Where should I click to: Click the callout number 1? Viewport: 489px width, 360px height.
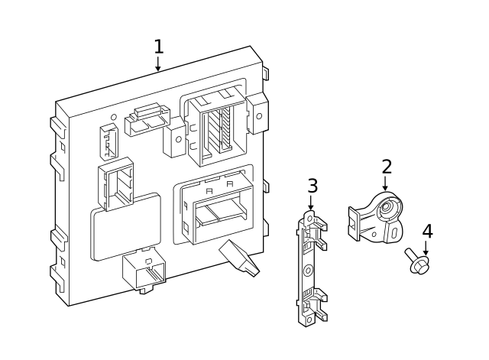[158, 47]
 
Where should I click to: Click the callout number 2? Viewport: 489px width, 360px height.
[387, 167]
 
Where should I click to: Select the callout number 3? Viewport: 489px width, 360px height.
[312, 186]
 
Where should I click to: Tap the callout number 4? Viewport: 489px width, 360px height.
[427, 231]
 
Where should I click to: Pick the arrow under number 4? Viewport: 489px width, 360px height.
[426, 248]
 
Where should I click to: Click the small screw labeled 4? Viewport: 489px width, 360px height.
[416, 261]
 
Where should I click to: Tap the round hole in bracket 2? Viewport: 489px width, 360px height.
[389, 207]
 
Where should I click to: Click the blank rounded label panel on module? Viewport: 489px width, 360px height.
[127, 226]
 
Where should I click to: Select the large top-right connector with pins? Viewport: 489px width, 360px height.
[213, 126]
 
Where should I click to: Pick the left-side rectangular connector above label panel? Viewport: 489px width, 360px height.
[115, 183]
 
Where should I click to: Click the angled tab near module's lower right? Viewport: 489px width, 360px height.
[238, 256]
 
